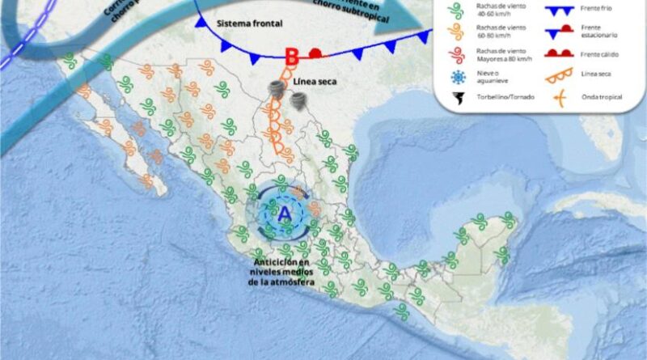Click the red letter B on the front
pyautogui.click(x=293, y=56)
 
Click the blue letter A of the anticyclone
pyautogui.click(x=284, y=214)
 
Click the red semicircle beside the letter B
pyautogui.click(x=317, y=54)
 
